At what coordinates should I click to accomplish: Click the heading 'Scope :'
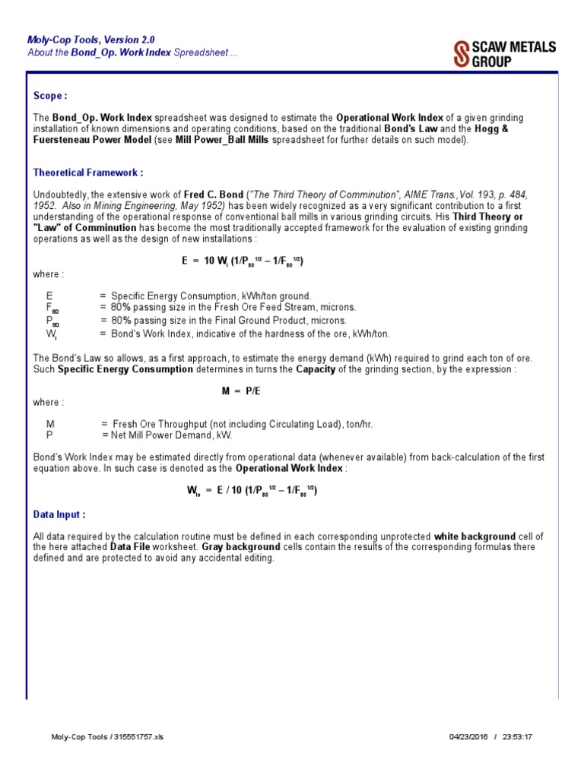[50, 96]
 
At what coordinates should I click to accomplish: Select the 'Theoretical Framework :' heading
[88, 172]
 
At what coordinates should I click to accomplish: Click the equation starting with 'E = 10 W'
[243, 261]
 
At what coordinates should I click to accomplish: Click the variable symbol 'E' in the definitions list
[49, 296]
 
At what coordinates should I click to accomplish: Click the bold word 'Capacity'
[316, 369]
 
